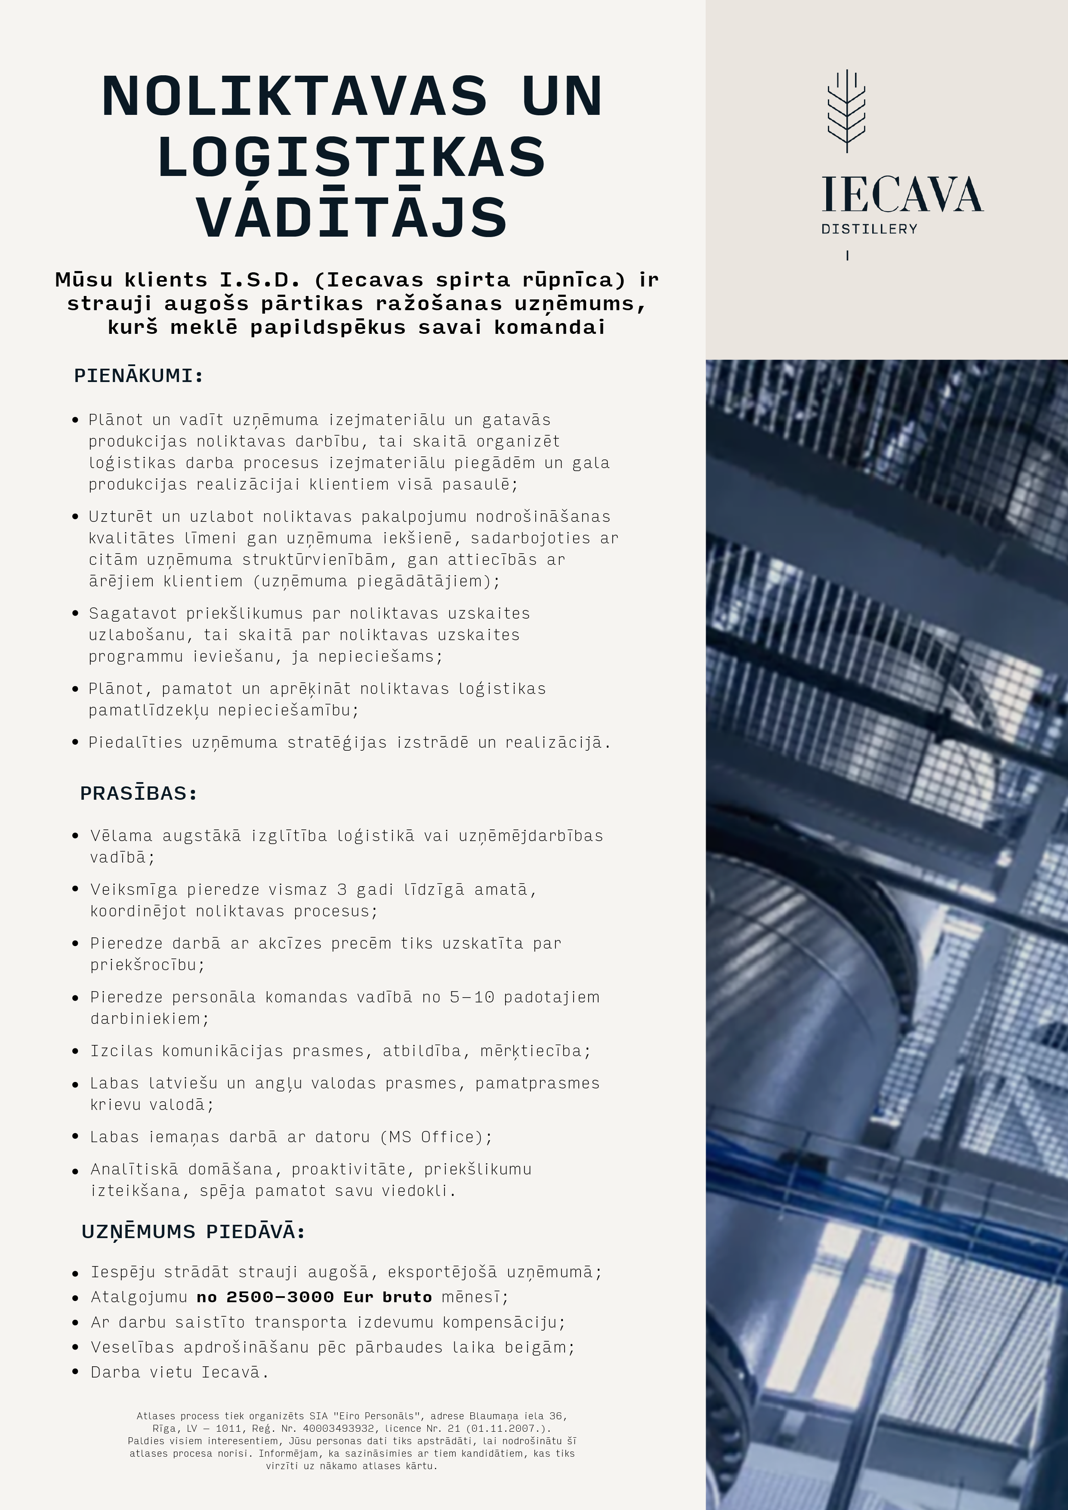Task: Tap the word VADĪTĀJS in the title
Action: click(x=352, y=217)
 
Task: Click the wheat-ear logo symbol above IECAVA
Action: click(x=846, y=111)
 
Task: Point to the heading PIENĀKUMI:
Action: click(x=139, y=376)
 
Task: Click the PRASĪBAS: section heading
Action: click(x=139, y=793)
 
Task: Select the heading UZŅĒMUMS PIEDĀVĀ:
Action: click(x=193, y=1231)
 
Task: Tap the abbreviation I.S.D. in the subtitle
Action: click(x=260, y=280)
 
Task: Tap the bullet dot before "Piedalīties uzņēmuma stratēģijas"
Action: click(x=76, y=743)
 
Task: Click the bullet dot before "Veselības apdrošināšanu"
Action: click(x=76, y=1347)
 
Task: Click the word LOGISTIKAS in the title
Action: click(x=352, y=157)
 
